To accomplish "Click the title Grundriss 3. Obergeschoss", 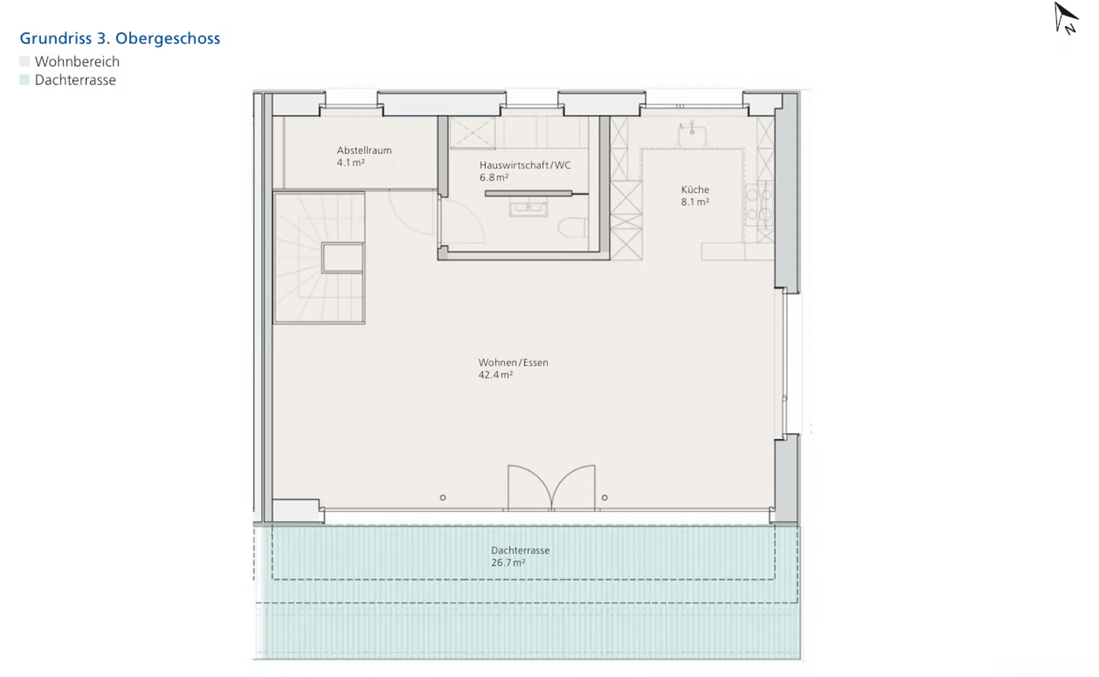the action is (x=120, y=38).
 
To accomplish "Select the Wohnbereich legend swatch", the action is (x=24, y=61).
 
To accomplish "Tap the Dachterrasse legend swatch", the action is (x=24, y=80).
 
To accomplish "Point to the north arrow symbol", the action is (x=1066, y=18).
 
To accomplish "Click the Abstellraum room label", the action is (x=364, y=151).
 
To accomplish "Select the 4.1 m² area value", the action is (x=351, y=163).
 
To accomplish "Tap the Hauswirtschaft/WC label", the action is (x=525, y=165).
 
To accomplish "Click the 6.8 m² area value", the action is (x=494, y=177).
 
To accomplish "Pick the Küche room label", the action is (x=695, y=189).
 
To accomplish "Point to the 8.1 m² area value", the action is (x=695, y=202).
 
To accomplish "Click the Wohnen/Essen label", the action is (x=513, y=363).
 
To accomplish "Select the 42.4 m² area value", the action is (x=496, y=375).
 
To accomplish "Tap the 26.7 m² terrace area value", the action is (x=508, y=563).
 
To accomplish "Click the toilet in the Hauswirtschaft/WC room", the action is (x=573, y=228).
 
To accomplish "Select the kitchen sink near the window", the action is (x=691, y=136).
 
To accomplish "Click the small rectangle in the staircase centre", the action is (x=343, y=258).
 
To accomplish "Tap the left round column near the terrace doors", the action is (x=442, y=498).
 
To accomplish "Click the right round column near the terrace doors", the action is (x=604, y=498).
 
